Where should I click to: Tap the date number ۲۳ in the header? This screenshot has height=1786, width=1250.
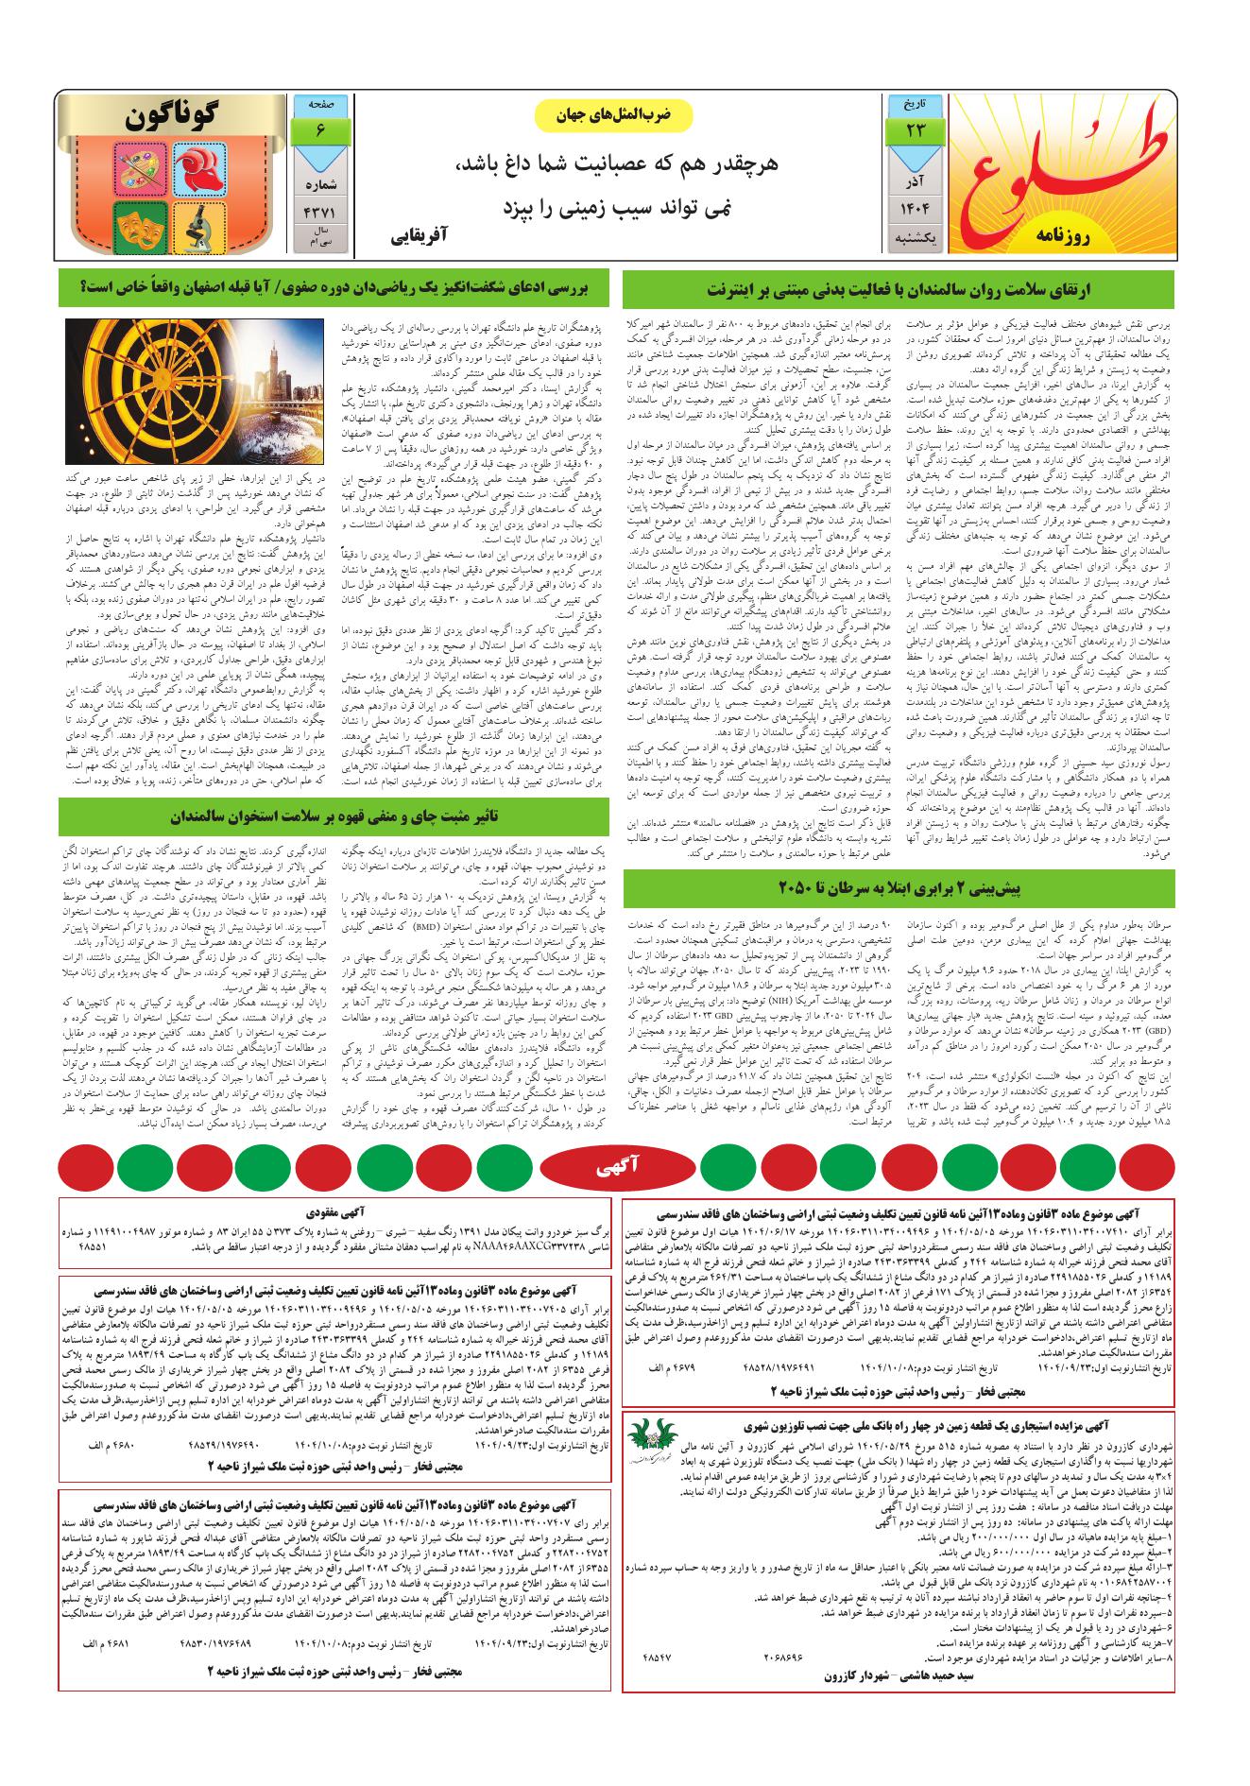tap(914, 130)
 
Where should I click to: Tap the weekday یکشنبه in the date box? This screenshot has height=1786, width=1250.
tap(914, 240)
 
